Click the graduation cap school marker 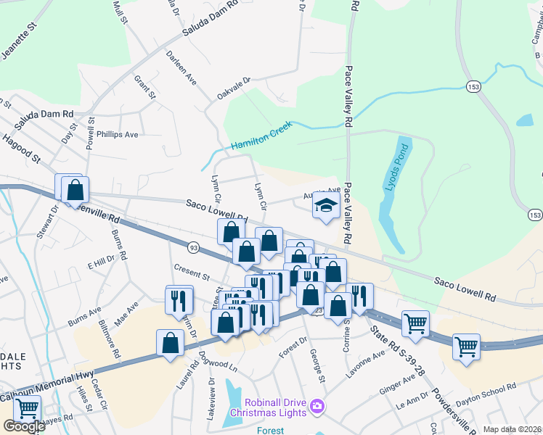[327, 206]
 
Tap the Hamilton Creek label [261, 136]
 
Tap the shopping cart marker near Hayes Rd [27, 409]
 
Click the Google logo [23, 426]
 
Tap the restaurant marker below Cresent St [179, 299]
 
